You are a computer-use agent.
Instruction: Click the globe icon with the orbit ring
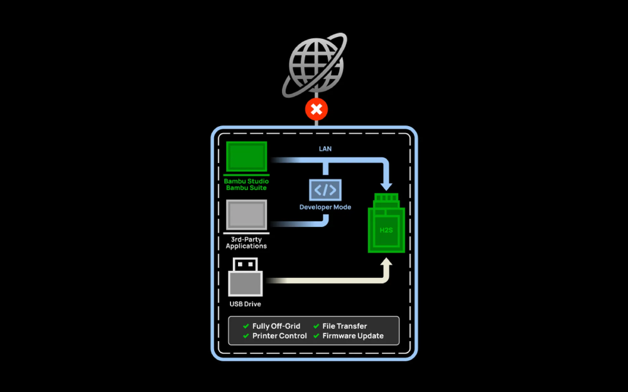pos(317,65)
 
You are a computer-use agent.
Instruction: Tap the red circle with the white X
pos(317,110)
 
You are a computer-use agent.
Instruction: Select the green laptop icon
pos(246,157)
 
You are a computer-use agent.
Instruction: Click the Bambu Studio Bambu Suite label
pos(246,184)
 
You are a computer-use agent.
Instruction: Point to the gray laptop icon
pos(246,216)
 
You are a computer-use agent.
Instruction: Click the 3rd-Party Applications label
pos(246,242)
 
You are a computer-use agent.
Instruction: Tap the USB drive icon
pos(246,277)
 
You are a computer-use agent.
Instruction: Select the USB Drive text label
pos(246,304)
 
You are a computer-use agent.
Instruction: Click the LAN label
pos(325,149)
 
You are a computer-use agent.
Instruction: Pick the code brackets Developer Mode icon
pos(325,189)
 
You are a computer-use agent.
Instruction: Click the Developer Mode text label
pos(325,207)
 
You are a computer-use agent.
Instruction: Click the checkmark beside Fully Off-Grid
pos(246,326)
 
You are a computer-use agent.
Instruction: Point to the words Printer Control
pos(279,336)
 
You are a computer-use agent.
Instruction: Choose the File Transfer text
pos(345,326)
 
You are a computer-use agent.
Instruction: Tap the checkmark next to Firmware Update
pos(316,336)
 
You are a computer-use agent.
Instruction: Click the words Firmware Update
pos(353,336)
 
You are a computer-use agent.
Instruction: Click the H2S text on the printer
pos(386,230)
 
